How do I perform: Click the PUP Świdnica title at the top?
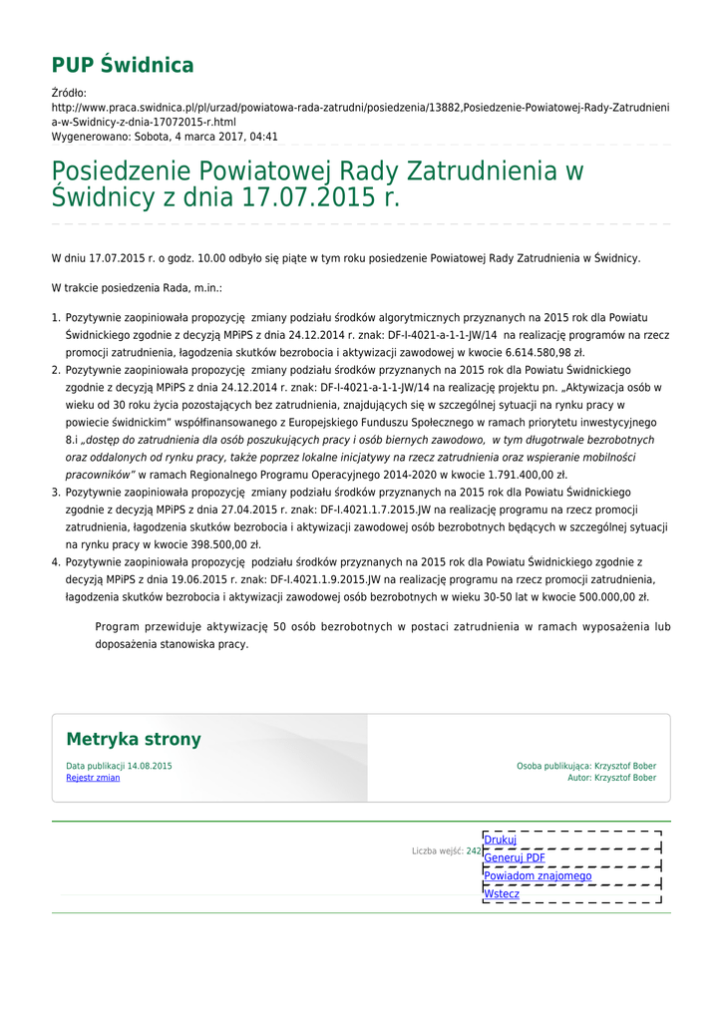pyautogui.click(x=123, y=66)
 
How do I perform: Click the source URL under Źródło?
pyautogui.click(x=360, y=113)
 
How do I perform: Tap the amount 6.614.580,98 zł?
pyautogui.click(x=535, y=352)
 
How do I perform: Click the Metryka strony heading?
pyautogui.click(x=134, y=740)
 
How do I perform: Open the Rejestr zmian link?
pyautogui.click(x=93, y=778)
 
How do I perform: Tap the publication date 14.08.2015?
pyautogui.click(x=150, y=766)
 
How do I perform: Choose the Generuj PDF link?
pyautogui.click(x=515, y=857)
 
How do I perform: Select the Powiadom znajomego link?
pyautogui.click(x=538, y=875)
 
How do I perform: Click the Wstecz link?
pyautogui.click(x=502, y=893)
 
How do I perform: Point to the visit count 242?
pyautogui.click(x=474, y=851)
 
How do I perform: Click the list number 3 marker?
pyautogui.click(x=56, y=493)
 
